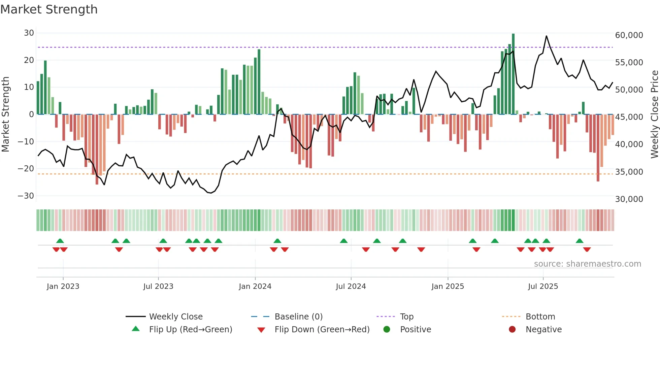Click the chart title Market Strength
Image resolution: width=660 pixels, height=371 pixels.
click(x=49, y=9)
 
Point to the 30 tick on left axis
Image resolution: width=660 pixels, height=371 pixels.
click(x=29, y=33)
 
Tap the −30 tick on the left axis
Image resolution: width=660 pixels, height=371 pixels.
click(x=26, y=196)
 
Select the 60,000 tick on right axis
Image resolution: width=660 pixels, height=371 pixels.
click(x=629, y=35)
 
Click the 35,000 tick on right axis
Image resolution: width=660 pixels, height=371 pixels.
click(x=629, y=172)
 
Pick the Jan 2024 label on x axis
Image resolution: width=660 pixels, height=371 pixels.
click(x=255, y=286)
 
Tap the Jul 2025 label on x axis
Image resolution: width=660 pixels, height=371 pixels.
click(x=543, y=286)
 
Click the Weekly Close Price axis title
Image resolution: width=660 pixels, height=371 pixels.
click(x=654, y=114)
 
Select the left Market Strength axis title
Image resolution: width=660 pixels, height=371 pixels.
click(x=6, y=114)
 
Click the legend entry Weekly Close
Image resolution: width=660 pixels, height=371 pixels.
click(x=176, y=317)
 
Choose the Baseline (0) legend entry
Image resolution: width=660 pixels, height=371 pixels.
click(x=298, y=317)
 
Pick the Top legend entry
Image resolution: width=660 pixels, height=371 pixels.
click(x=406, y=317)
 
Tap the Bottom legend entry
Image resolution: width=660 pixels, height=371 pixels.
click(x=540, y=317)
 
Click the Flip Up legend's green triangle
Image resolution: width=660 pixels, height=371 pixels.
click(x=136, y=329)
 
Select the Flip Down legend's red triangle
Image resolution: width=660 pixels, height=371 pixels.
click(x=261, y=330)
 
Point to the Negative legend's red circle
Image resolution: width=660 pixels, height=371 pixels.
click(x=512, y=329)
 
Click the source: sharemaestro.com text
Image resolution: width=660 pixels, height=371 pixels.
click(x=587, y=264)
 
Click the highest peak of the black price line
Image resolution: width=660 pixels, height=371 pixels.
click(x=546, y=36)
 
